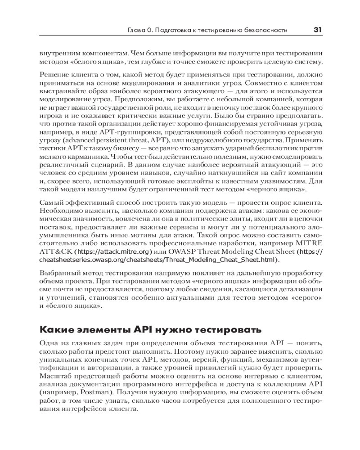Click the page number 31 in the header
coord(317,30)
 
